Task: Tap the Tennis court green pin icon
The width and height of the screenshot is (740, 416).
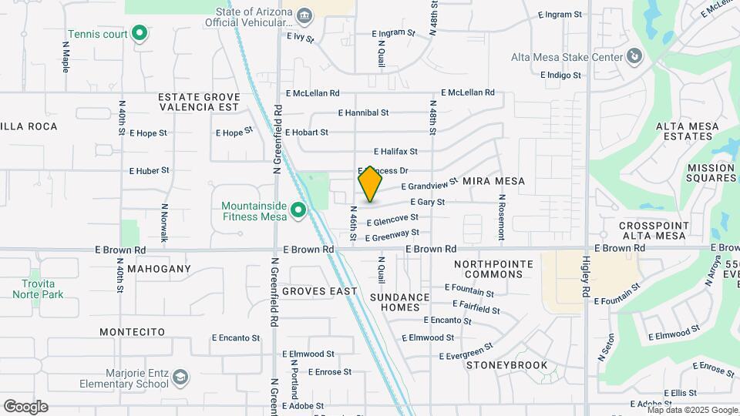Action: (140, 33)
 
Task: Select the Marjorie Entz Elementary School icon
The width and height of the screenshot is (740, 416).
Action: (180, 377)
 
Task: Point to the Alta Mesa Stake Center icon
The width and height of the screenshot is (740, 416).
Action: (633, 56)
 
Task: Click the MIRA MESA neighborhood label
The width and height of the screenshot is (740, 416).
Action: (493, 181)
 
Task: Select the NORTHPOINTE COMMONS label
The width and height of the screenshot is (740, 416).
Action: (493, 269)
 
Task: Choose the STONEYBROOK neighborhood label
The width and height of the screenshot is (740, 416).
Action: (506, 364)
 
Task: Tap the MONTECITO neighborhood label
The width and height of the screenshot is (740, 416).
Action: (132, 331)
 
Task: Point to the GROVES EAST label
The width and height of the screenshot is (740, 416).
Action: (319, 291)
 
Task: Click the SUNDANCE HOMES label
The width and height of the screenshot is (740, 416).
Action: (399, 302)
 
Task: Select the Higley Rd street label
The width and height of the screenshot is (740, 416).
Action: (585, 277)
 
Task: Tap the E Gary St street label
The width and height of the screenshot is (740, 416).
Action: (428, 202)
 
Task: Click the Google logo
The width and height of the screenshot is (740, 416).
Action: (25, 407)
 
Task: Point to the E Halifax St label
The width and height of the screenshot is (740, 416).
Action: (395, 152)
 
